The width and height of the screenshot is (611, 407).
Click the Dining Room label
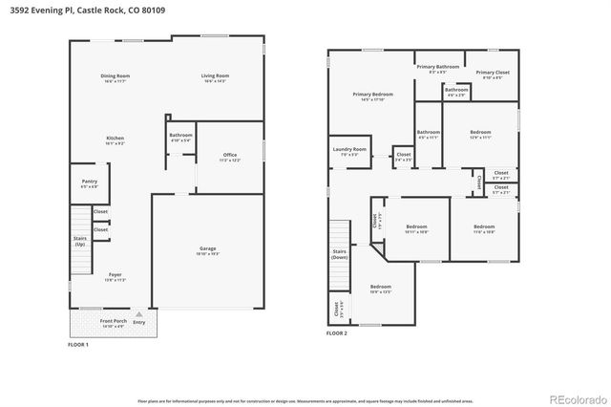[116, 77]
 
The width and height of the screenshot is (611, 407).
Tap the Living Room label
[215, 77]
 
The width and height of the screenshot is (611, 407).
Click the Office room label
[230, 157]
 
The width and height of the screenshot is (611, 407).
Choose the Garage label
[207, 250]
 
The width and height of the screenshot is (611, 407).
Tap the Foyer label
[114, 277]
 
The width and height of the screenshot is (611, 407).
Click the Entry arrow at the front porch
[139, 315]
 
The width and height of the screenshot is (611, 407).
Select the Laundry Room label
[349, 151]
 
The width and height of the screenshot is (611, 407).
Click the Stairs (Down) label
[339, 255]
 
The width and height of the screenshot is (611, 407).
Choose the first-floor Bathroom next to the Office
[180, 138]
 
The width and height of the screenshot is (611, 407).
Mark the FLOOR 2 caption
[336, 333]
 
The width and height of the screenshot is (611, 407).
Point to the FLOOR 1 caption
[77, 344]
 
